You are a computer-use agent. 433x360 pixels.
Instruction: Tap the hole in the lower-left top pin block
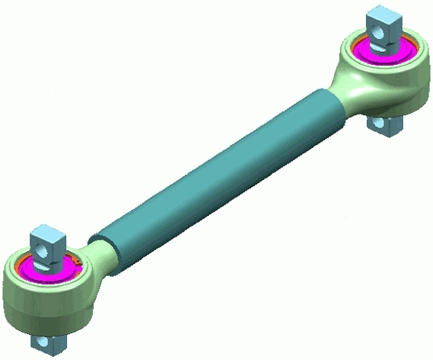pyautogui.click(x=43, y=251)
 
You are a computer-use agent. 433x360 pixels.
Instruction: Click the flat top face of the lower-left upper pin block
pyautogui.click(x=47, y=233)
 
